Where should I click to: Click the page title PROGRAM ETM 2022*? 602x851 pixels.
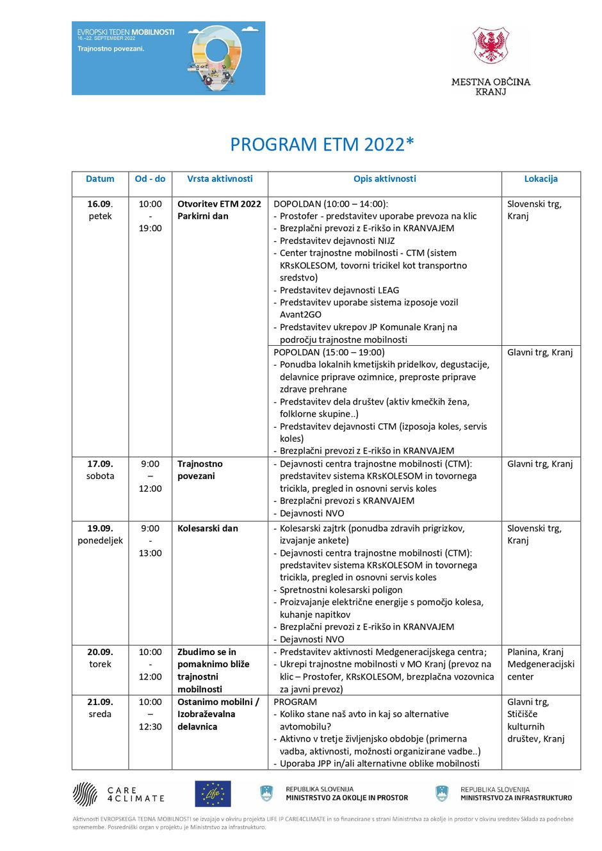click(322, 145)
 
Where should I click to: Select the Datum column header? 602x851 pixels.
click(100, 179)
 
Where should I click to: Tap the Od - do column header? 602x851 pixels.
click(150, 179)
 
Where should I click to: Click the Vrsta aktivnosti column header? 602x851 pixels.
click(220, 179)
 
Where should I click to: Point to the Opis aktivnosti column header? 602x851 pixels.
click(384, 179)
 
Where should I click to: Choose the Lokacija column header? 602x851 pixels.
click(541, 179)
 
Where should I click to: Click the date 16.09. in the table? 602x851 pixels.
click(100, 204)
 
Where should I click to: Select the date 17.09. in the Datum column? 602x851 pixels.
click(100, 464)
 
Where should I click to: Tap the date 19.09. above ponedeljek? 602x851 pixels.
click(100, 528)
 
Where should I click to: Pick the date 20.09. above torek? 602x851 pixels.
click(100, 652)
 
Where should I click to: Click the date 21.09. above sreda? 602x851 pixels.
click(100, 702)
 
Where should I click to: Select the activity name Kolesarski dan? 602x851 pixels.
click(207, 528)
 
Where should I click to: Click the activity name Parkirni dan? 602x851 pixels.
click(203, 216)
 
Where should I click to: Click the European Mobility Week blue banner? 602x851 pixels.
click(168, 58)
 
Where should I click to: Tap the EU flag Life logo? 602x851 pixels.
click(213, 794)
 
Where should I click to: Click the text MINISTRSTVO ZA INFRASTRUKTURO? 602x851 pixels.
click(516, 798)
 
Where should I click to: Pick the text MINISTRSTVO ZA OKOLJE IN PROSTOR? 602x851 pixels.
click(346, 798)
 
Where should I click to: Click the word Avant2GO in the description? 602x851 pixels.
click(300, 315)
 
